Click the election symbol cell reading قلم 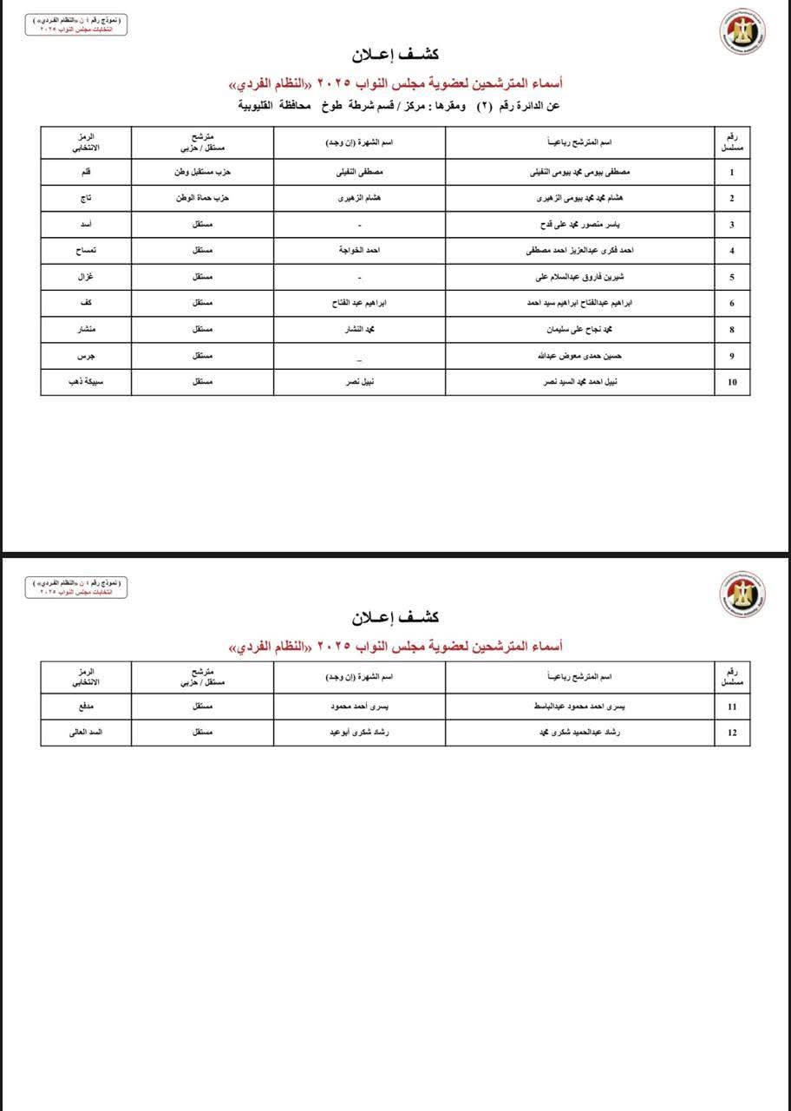pyautogui.click(x=86, y=172)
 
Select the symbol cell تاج pyautogui.click(x=86, y=198)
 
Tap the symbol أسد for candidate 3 pyautogui.click(x=86, y=225)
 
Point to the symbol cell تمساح pyautogui.click(x=86, y=251)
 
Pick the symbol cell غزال pyautogui.click(x=86, y=277)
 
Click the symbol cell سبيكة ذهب pyautogui.click(x=86, y=382)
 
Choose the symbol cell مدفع pyautogui.click(x=86, y=707)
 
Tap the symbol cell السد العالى pyautogui.click(x=86, y=733)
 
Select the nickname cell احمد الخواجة pyautogui.click(x=360, y=251)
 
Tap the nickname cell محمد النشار pyautogui.click(x=360, y=330)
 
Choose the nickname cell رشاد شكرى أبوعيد pyautogui.click(x=360, y=733)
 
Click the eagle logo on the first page pyautogui.click(x=742, y=33)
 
